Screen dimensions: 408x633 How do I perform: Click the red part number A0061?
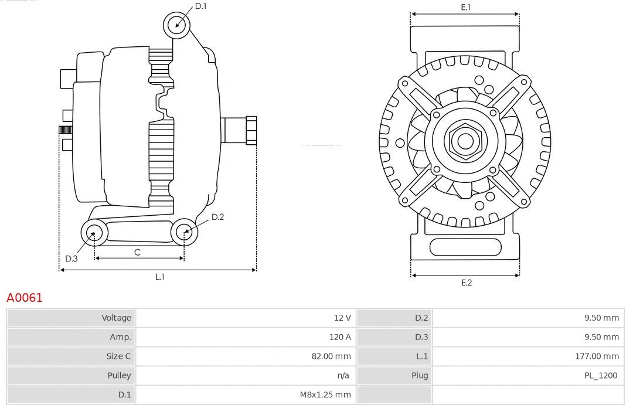(25, 298)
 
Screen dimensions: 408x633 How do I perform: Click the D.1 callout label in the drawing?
(200, 6)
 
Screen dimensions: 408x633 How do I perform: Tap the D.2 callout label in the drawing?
(217, 217)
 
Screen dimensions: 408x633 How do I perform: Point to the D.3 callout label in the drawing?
(72, 259)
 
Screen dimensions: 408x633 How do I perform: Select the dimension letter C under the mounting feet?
(137, 253)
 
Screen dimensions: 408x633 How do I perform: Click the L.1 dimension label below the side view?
(159, 277)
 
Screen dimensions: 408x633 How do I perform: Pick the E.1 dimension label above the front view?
(466, 7)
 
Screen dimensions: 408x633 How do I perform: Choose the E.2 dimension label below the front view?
(466, 283)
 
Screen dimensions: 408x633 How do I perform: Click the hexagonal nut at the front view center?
(465, 141)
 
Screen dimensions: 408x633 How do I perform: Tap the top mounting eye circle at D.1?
(178, 25)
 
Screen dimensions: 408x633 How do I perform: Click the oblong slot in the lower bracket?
(465, 247)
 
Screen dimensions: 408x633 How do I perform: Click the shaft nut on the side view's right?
(251, 130)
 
